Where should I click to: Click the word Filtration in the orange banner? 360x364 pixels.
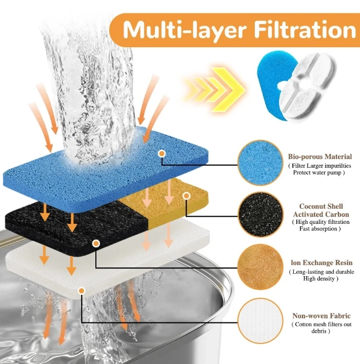tap(305, 30)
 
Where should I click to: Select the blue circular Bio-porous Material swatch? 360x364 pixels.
tap(261, 163)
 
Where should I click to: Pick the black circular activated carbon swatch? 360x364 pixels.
tap(261, 214)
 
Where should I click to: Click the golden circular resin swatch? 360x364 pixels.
tap(261, 266)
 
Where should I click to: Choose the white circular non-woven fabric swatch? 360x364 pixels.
tap(261, 320)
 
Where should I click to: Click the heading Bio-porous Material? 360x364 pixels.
tap(320, 157)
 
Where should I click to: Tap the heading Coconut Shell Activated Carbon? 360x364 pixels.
tap(321, 210)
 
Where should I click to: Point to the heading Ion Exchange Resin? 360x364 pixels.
tap(322, 262)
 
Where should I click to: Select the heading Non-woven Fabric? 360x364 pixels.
tap(322, 316)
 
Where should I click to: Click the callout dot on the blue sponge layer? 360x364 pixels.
tap(162, 154)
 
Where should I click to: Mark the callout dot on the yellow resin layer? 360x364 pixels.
tap(186, 196)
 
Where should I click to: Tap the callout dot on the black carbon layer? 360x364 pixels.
tap(96, 243)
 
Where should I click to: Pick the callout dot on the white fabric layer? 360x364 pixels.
tap(82, 291)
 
